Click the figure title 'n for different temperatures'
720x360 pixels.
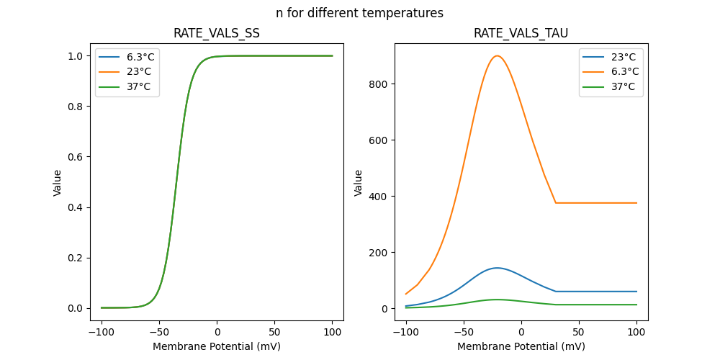[359, 13]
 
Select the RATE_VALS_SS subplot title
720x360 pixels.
[217, 34]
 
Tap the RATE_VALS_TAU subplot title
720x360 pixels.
[521, 34]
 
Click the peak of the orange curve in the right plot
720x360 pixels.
[497, 56]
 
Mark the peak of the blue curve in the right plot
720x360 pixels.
[497, 268]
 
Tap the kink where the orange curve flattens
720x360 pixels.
[556, 203]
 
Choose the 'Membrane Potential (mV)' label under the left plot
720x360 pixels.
[217, 346]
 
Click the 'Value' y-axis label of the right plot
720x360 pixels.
[359, 183]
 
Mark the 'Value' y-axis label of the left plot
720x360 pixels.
[58, 183]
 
